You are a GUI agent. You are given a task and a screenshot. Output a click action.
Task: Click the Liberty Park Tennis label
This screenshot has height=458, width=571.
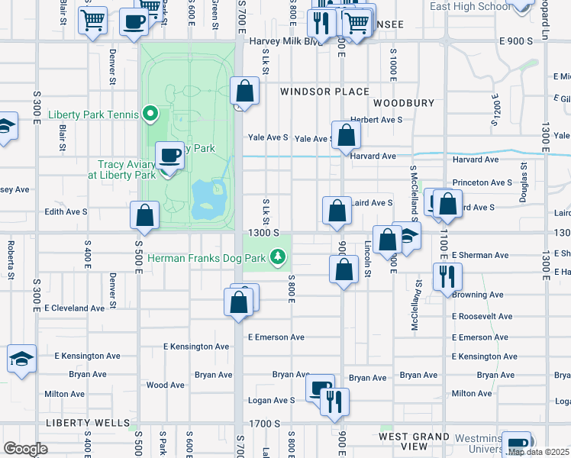click(x=92, y=115)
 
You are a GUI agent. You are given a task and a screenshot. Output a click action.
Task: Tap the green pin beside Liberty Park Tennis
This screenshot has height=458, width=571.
click(x=150, y=115)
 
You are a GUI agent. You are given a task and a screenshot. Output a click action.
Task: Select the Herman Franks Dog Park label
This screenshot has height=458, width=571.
click(x=208, y=259)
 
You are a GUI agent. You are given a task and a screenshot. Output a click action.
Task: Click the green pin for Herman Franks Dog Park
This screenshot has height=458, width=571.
click(x=280, y=258)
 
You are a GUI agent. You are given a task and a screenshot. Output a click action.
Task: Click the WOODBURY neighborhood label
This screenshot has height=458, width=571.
click(x=404, y=102)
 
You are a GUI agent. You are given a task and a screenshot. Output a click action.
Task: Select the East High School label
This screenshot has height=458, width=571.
click(x=469, y=6)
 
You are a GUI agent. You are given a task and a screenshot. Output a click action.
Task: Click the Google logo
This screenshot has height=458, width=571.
click(x=25, y=448)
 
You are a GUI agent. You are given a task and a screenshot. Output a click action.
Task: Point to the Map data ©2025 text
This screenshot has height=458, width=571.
click(x=538, y=452)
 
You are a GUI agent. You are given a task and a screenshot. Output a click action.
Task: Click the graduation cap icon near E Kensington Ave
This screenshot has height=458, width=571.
click(x=21, y=358)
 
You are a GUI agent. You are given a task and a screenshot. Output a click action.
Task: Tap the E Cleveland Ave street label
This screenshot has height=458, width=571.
click(x=74, y=308)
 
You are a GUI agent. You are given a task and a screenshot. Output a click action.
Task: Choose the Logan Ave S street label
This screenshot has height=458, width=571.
click(x=271, y=400)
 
